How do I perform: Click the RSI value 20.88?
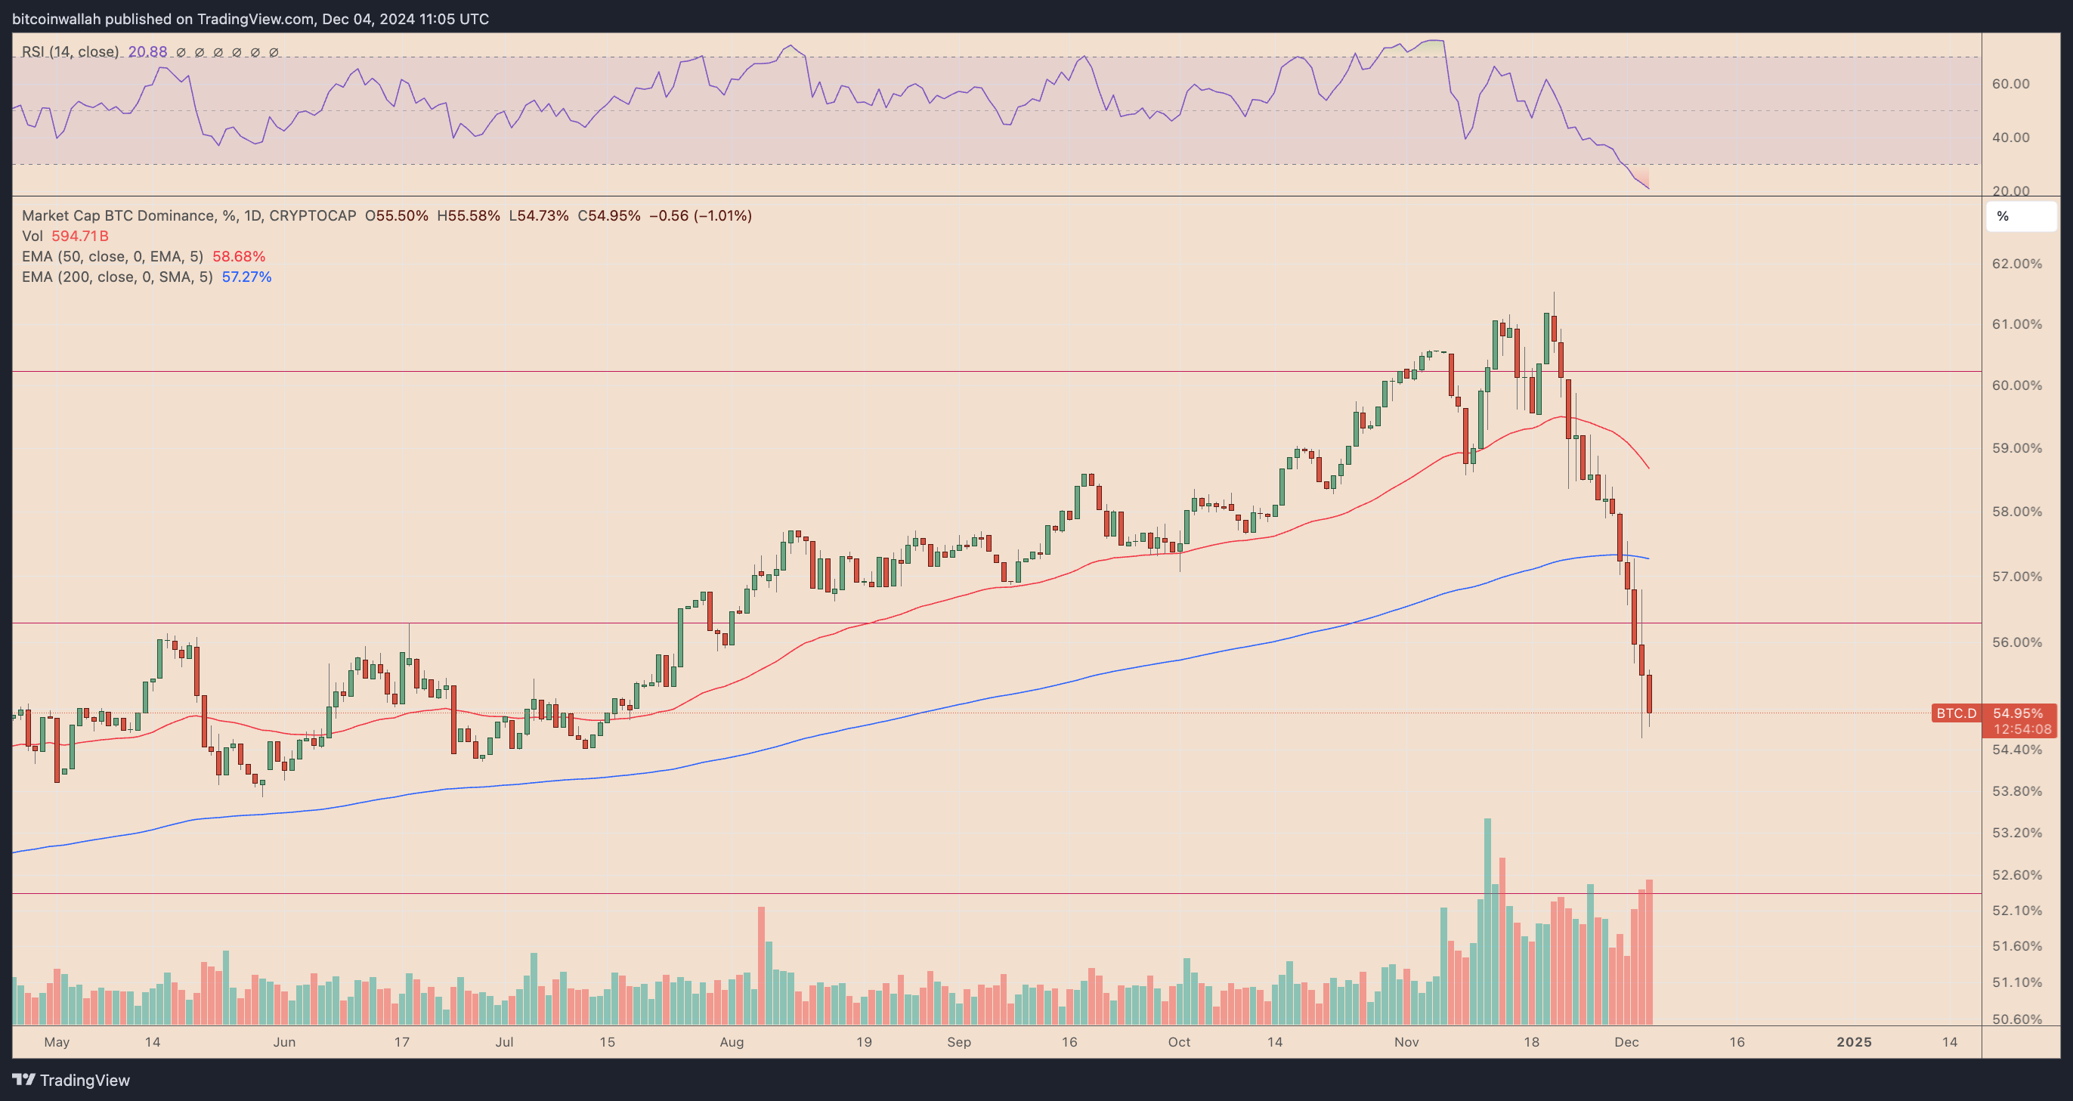tap(147, 51)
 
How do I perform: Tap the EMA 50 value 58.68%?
tap(238, 257)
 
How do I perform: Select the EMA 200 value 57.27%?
tap(246, 277)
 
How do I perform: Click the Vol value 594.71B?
tap(79, 236)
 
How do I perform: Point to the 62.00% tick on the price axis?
tap(2016, 264)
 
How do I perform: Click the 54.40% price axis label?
tap(2016, 750)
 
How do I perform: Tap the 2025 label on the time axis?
tap(1853, 1042)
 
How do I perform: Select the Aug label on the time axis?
tap(732, 1042)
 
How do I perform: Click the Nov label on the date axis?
tap(1406, 1042)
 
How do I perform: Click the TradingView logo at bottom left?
tap(71, 1080)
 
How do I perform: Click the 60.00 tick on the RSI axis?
tap(2010, 84)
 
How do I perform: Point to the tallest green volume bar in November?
tap(1488, 921)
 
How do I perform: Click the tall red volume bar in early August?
tap(761, 966)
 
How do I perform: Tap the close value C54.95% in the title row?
tap(609, 215)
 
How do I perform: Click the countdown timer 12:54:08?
tap(2022, 729)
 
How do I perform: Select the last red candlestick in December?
tap(1649, 694)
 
